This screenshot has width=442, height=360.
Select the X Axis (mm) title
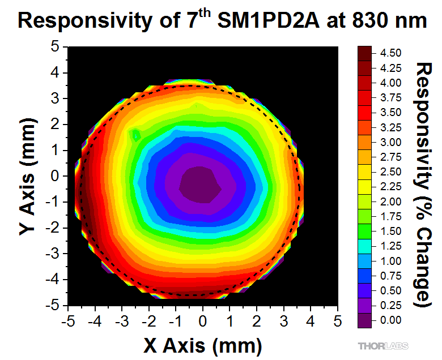point(202,344)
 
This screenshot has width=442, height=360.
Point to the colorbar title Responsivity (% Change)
point(426,185)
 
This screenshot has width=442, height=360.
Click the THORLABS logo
point(384,345)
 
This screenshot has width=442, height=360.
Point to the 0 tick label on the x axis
point(203,321)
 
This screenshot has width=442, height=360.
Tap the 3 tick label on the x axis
point(283,321)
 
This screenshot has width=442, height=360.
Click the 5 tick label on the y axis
point(55,47)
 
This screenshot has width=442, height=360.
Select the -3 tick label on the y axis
point(53,254)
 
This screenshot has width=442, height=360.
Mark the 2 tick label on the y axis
point(55,125)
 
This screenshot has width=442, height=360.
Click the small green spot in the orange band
point(136,135)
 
